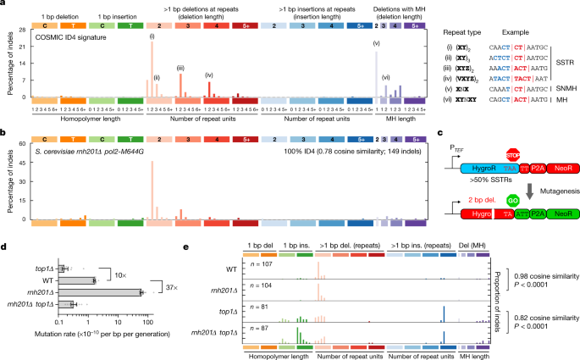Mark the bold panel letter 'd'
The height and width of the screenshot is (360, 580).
click(5, 246)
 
